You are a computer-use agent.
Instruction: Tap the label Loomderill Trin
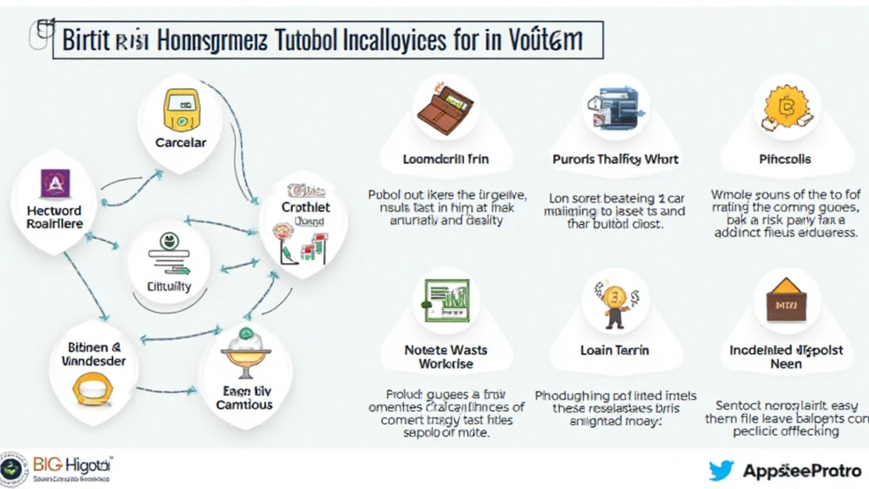pos(446,159)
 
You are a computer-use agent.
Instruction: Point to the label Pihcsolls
pos(785,159)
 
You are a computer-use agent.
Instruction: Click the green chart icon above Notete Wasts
pos(446,300)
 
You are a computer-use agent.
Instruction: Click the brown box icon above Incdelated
pos(786,300)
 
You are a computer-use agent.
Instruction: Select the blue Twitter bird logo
pos(720,469)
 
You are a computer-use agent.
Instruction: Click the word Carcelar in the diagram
pos(181,143)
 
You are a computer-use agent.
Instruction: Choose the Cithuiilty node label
pos(169,286)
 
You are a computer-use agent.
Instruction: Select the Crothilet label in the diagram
pos(306,206)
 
